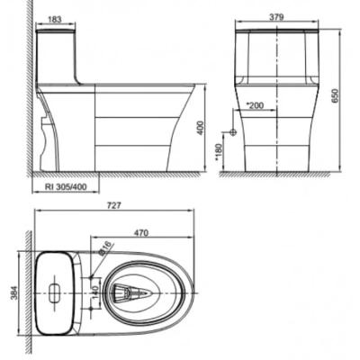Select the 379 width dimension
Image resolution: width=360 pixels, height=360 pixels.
(x=277, y=16)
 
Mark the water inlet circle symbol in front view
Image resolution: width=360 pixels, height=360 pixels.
(x=233, y=131)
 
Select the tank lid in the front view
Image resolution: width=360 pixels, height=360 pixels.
(x=276, y=34)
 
